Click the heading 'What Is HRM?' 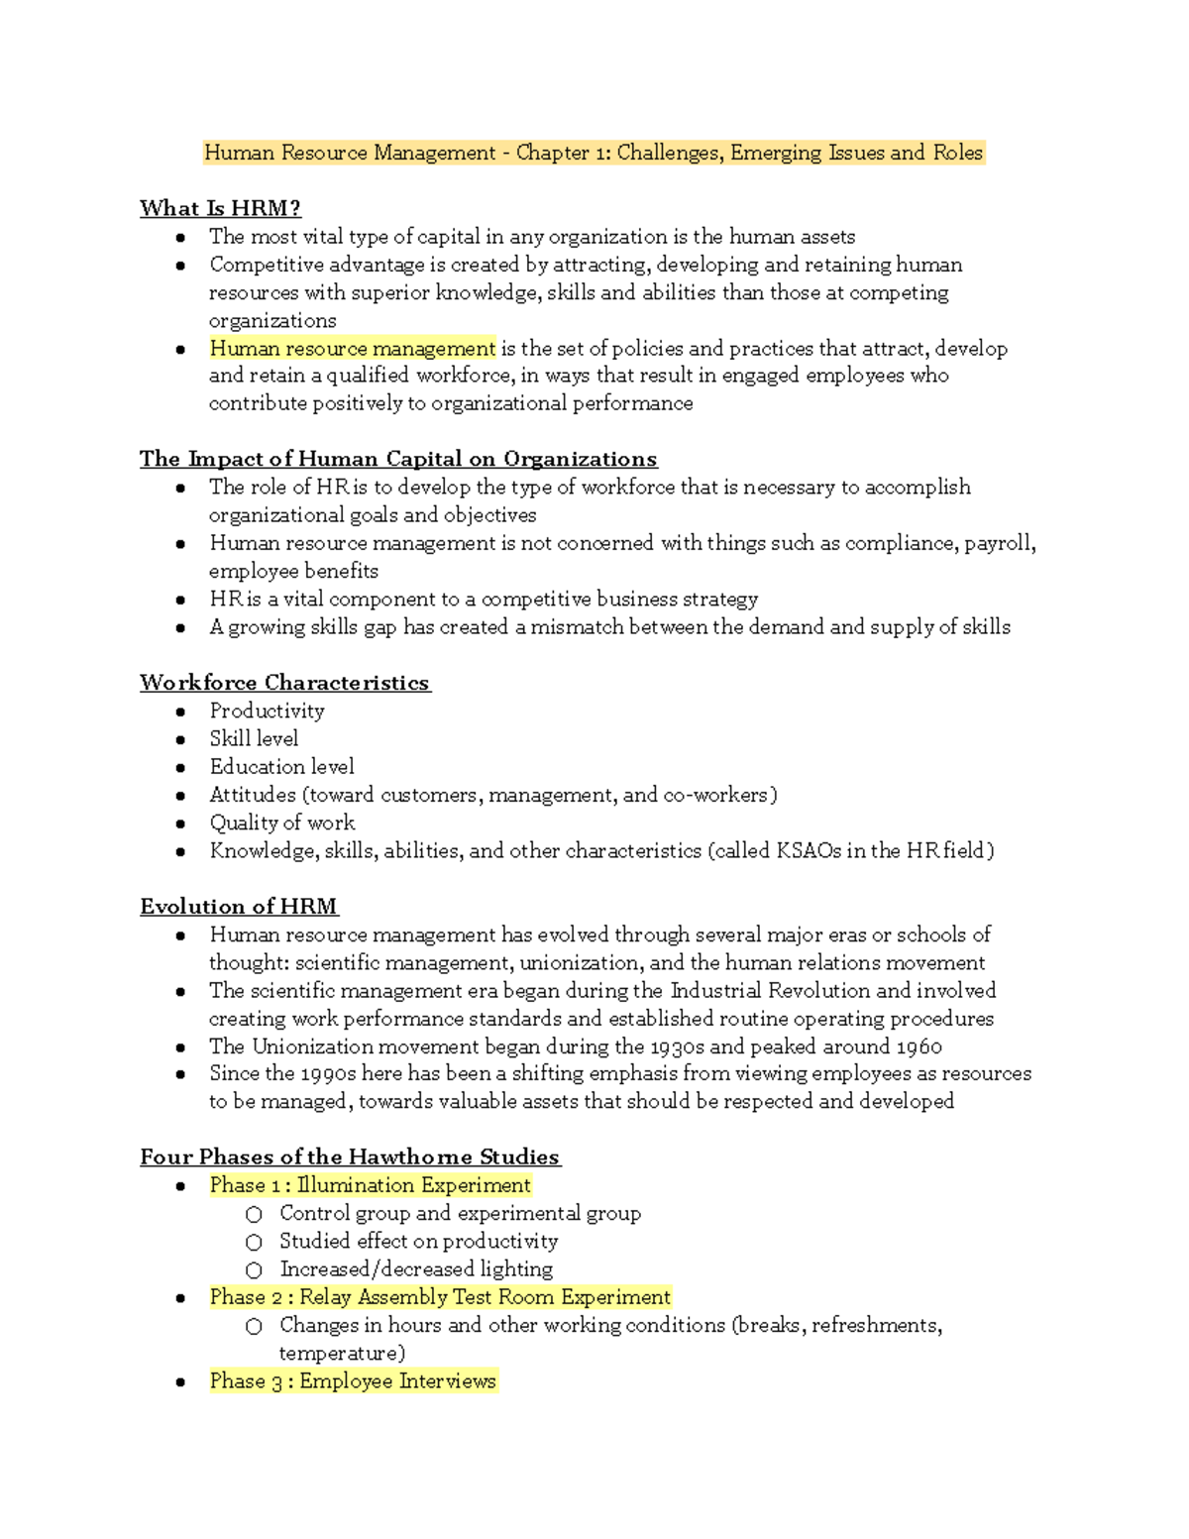point(220,208)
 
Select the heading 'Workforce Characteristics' point(284,683)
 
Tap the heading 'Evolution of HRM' point(239,907)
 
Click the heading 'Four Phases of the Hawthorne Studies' point(350,1156)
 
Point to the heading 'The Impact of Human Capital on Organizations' point(398,459)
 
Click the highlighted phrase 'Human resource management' point(352,348)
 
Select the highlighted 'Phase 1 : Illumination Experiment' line point(370,1185)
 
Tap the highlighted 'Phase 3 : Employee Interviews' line point(352,1381)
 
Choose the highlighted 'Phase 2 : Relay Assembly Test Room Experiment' point(440,1297)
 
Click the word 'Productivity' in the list point(267,711)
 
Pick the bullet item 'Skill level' point(254,738)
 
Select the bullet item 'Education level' point(281,766)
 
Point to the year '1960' point(919,1046)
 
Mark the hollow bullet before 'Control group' point(255,1214)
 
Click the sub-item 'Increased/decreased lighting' point(416,1268)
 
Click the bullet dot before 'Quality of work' point(180,824)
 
